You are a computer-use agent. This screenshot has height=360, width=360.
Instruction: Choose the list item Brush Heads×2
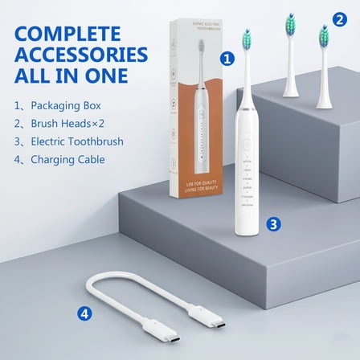pos(60,124)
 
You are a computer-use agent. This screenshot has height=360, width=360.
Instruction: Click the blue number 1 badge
pos(227,59)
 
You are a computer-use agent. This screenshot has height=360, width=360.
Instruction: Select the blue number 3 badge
pos(274,225)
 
